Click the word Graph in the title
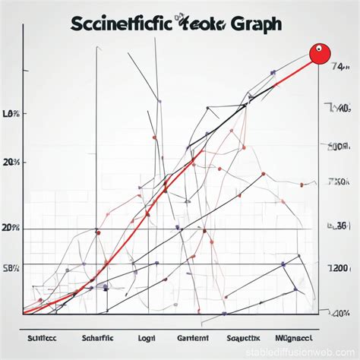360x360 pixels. click(252, 24)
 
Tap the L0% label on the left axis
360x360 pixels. click(11, 114)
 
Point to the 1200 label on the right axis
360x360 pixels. click(338, 268)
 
